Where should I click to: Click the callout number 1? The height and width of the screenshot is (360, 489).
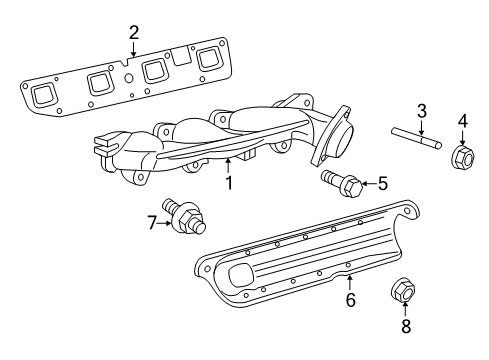[229, 183]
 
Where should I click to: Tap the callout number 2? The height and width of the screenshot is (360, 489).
[133, 33]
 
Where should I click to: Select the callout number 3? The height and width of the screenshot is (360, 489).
[422, 110]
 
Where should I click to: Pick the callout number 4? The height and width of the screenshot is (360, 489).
[462, 122]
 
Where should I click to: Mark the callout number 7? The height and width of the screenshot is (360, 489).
[152, 222]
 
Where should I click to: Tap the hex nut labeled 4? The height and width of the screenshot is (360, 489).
[463, 157]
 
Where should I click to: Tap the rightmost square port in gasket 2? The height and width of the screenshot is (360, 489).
[207, 58]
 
